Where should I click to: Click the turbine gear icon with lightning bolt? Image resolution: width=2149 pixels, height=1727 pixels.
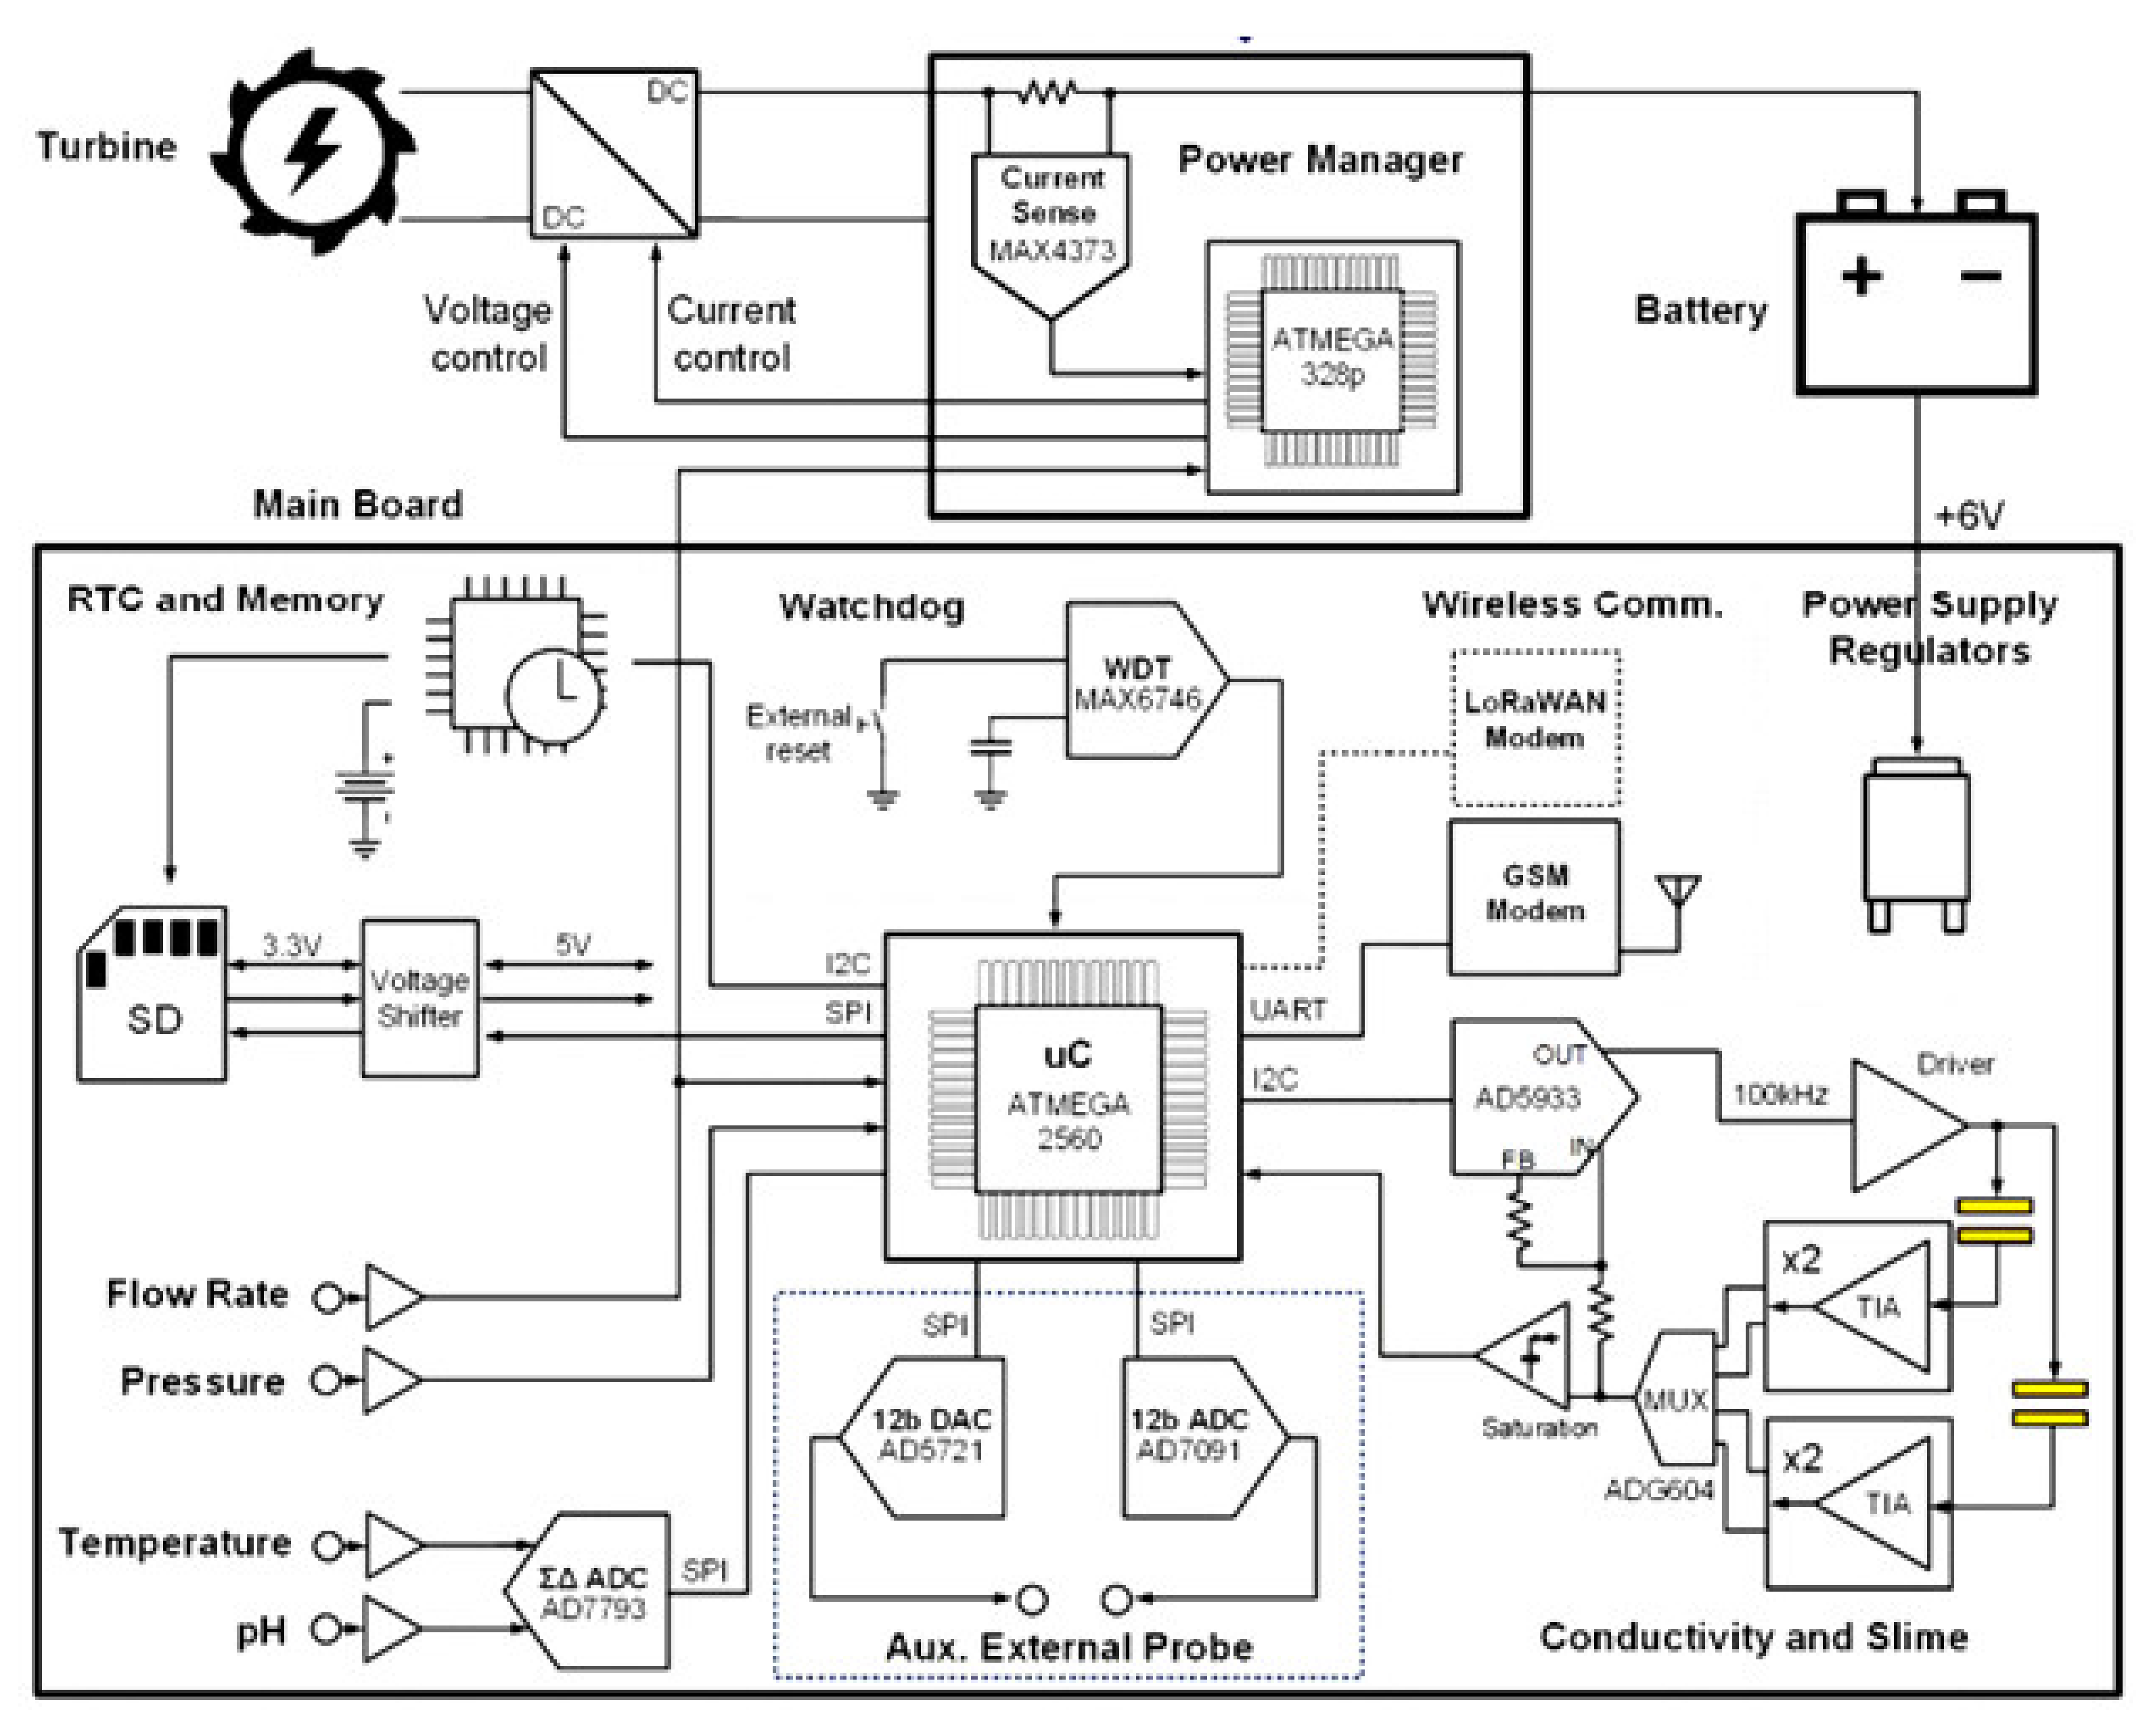[312, 152]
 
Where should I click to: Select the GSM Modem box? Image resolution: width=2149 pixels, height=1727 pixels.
[1533, 895]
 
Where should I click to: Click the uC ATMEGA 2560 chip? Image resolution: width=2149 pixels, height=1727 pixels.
[1068, 1097]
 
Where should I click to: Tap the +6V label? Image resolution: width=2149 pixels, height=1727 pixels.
[1968, 516]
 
